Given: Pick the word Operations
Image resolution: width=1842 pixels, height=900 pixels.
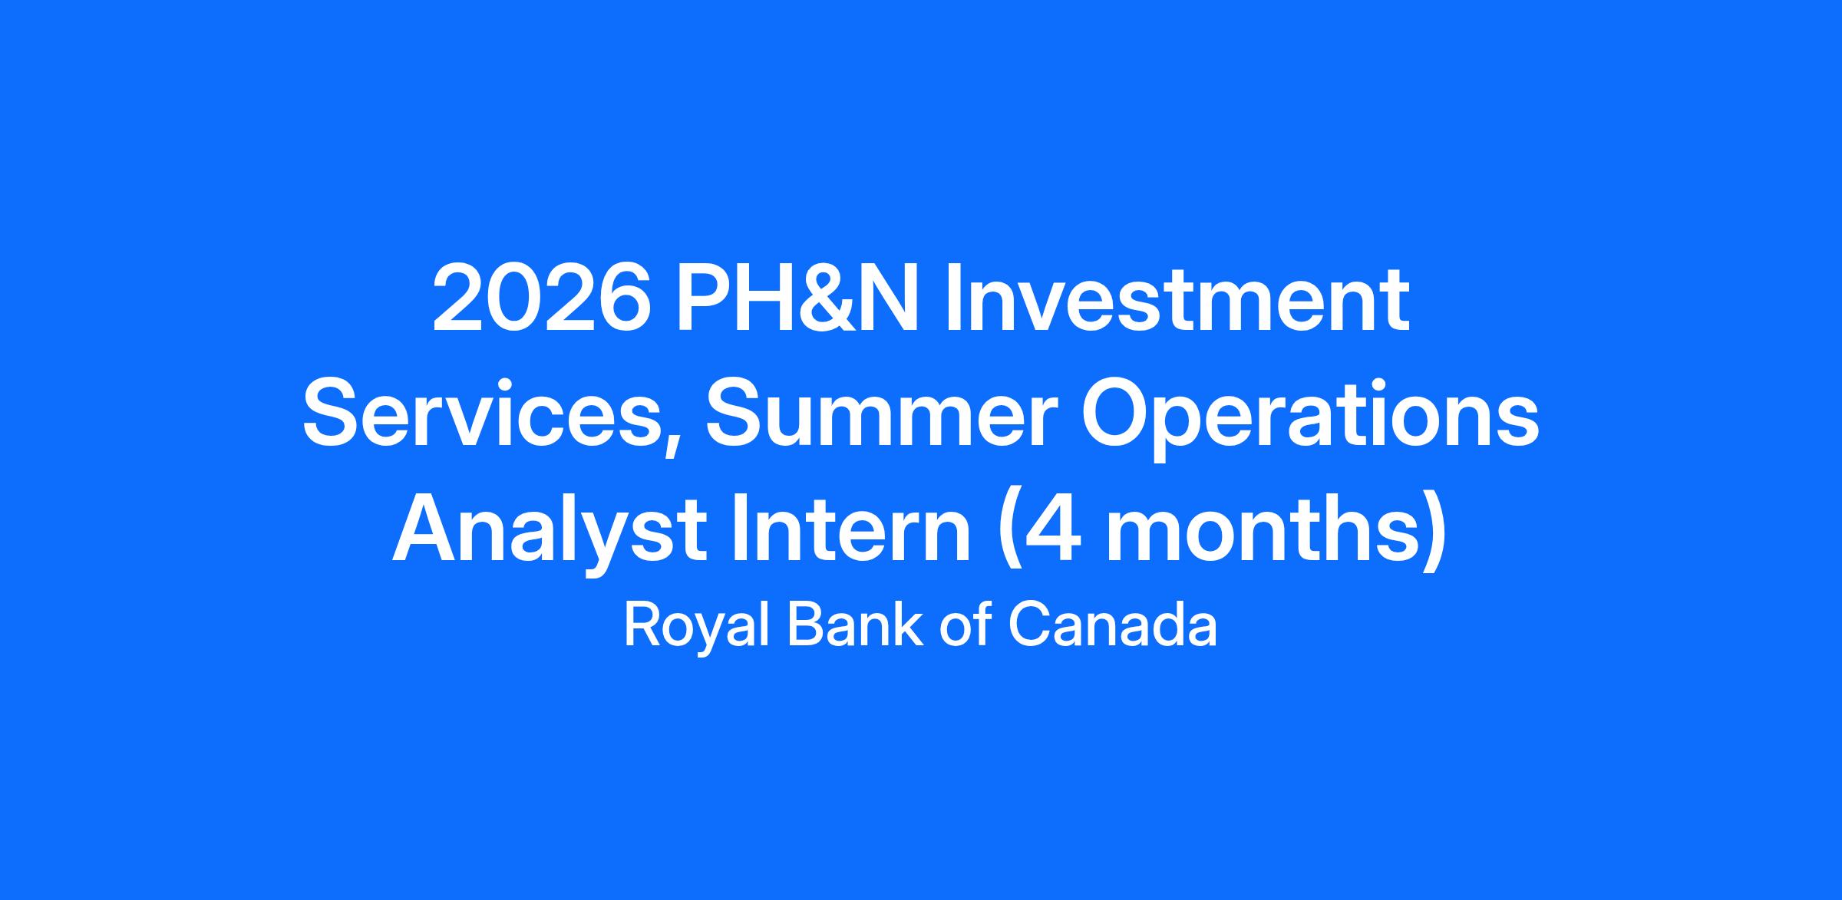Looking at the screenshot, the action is (1310, 420).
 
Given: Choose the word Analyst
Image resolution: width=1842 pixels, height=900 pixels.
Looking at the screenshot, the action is (550, 534).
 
